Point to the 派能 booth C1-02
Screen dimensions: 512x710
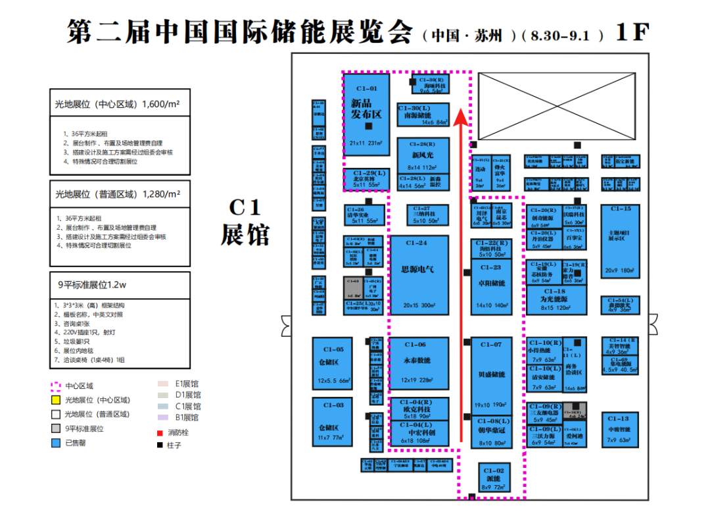click(x=494, y=478)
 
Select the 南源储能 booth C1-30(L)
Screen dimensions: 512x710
click(x=423, y=115)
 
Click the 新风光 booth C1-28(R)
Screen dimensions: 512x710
click(x=423, y=155)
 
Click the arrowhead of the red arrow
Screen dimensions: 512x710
click(x=461, y=116)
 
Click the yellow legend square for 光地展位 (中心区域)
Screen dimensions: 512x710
click(x=56, y=399)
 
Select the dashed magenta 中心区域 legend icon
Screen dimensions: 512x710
click(x=56, y=386)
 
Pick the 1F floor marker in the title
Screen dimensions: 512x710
click(x=632, y=32)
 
